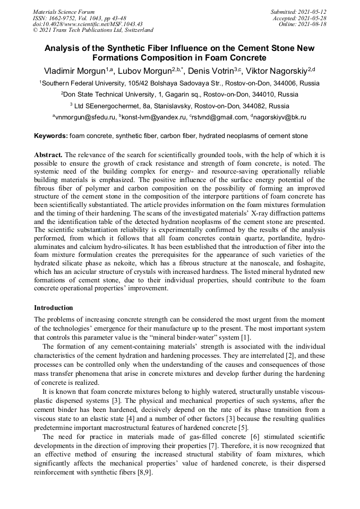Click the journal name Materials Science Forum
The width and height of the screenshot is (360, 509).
[x=64, y=12]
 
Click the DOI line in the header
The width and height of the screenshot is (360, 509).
[x=80, y=24]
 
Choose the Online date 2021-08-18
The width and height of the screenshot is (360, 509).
[x=314, y=24]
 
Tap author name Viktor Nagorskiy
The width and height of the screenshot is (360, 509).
[x=280, y=71]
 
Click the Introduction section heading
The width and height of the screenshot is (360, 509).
[x=54, y=308]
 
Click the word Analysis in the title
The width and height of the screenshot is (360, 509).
[x=64, y=48]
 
